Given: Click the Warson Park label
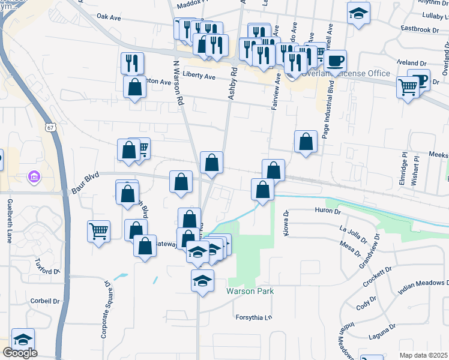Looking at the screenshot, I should click(x=250, y=291).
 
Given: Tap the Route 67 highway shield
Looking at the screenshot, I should click(x=49, y=127).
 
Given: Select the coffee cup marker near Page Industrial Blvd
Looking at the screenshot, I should click(x=336, y=61).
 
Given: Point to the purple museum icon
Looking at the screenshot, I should click(x=34, y=178).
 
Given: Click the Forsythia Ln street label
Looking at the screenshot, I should click(x=253, y=318).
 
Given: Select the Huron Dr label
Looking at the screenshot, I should click(x=327, y=211).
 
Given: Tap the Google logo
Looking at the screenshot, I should click(x=20, y=352).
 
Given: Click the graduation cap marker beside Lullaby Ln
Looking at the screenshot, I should click(x=358, y=14).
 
